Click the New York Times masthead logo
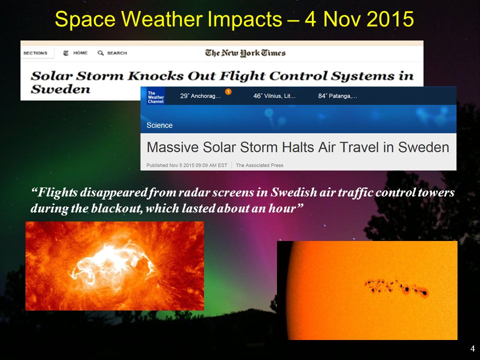(x=245, y=53)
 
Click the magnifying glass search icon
(x=100, y=53)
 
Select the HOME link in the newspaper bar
(x=80, y=53)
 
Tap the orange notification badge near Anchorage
(x=228, y=91)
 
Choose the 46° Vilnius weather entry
(x=274, y=96)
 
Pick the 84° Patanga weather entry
(x=337, y=96)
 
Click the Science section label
(x=159, y=125)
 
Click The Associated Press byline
(x=259, y=165)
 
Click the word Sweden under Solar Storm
(x=60, y=89)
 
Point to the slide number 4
(x=472, y=348)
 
